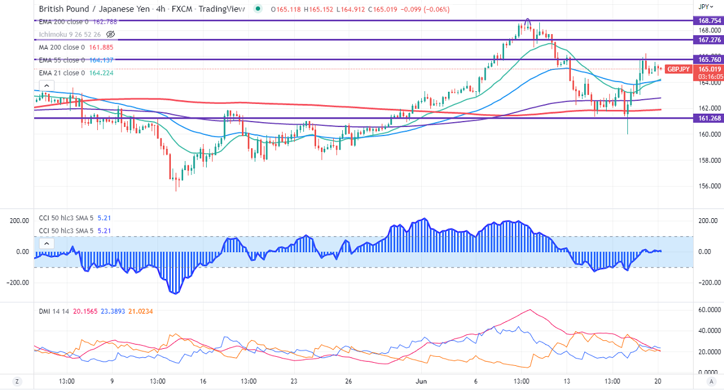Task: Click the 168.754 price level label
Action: pos(707,21)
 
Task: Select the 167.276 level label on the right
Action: pos(707,40)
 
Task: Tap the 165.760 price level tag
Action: pos(707,60)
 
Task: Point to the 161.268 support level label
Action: pos(707,118)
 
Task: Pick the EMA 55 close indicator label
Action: pos(59,60)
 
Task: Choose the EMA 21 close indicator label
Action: pos(59,73)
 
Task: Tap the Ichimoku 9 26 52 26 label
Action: pos(69,34)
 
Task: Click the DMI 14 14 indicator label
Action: pos(53,311)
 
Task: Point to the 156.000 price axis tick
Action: pos(709,187)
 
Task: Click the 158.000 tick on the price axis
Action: pos(709,161)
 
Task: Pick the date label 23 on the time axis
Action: pos(294,381)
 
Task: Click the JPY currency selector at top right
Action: pos(704,7)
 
